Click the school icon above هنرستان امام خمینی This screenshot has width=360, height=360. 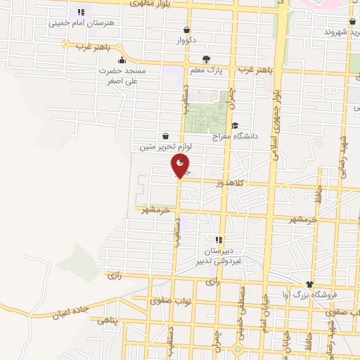[x=81, y=12]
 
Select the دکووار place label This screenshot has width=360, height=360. [x=186, y=40]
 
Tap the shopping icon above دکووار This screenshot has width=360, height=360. [x=186, y=30]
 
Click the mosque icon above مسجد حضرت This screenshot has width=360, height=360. [x=122, y=60]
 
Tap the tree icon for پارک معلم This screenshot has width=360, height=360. [x=205, y=60]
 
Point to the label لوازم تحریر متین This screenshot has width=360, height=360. [x=164, y=147]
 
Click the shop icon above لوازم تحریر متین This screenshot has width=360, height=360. [x=165, y=136]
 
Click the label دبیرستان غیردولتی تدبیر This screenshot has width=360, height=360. [x=217, y=255]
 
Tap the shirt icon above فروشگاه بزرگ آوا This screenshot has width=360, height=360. [x=310, y=281]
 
